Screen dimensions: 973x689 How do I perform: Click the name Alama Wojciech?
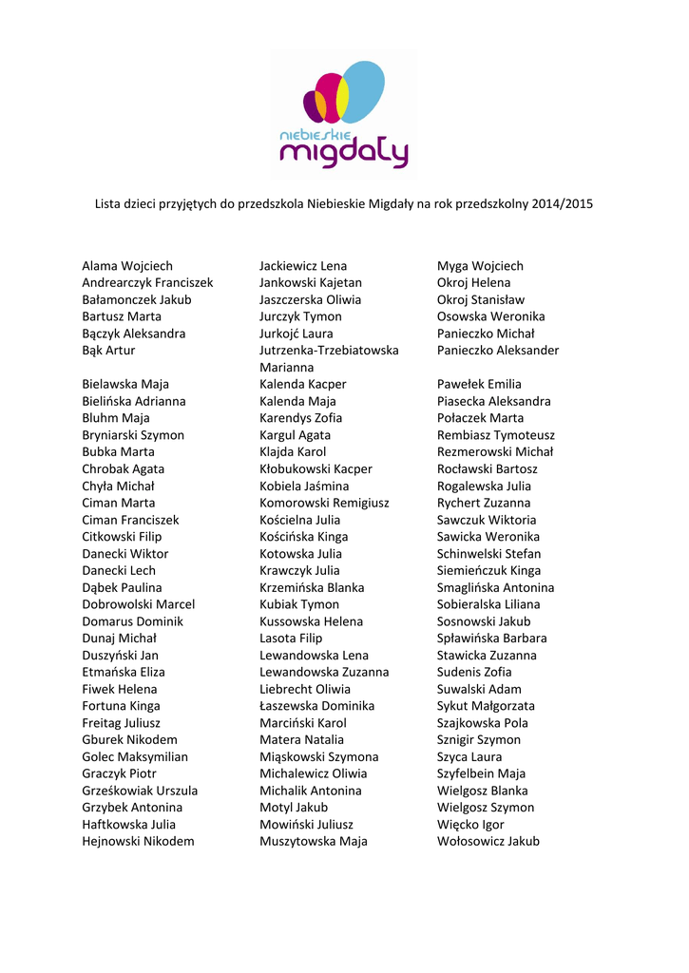(127, 266)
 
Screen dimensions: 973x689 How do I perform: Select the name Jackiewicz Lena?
(303, 266)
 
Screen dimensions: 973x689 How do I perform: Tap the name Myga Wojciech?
(480, 266)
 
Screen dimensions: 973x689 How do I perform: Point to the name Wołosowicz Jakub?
(488, 841)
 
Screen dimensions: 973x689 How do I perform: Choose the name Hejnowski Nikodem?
(138, 841)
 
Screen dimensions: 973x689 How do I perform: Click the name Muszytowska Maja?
(314, 841)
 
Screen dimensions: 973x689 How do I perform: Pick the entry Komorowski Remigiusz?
(324, 503)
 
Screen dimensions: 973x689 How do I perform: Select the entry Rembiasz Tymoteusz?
(496, 435)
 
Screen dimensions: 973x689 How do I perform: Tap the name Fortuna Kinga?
(121, 706)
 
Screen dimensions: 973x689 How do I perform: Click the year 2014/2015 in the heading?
(563, 204)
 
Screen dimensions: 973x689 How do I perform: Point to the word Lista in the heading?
(108, 204)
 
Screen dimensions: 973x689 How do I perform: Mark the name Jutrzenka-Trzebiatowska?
(329, 351)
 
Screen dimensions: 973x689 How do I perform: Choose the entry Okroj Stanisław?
(481, 299)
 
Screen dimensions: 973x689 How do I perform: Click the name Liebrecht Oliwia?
(305, 689)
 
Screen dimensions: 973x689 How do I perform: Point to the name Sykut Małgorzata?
(486, 706)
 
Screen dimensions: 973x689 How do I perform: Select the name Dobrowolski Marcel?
(138, 604)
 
